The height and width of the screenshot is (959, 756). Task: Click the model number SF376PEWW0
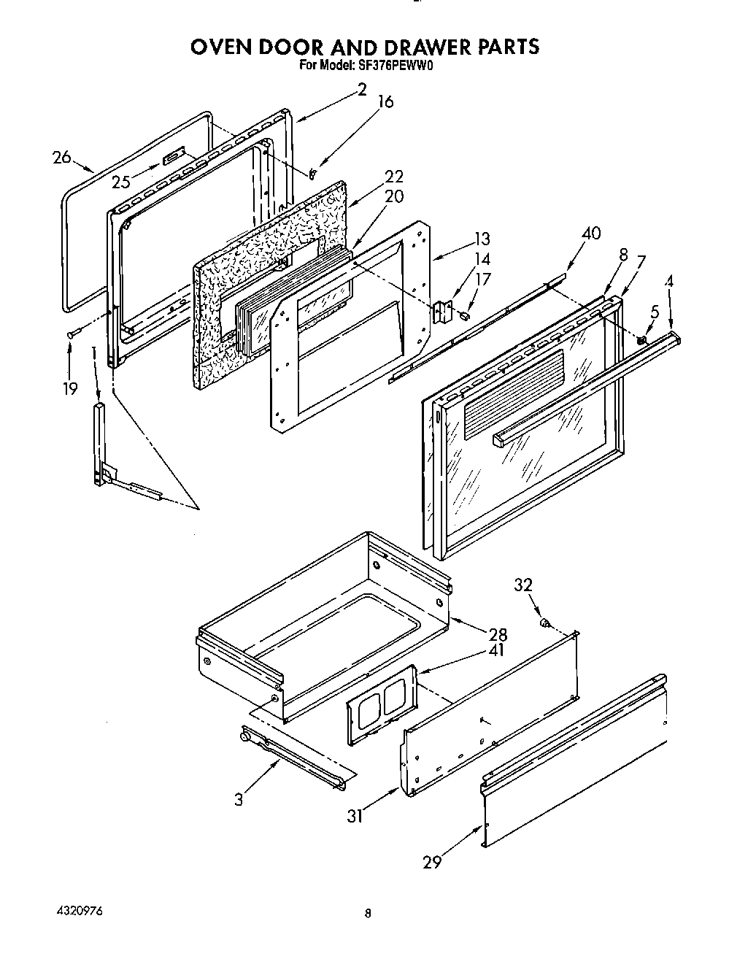click(403, 64)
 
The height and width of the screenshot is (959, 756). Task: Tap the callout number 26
click(62, 156)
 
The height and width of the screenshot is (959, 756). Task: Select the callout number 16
click(385, 102)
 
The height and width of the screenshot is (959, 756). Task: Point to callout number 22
click(394, 177)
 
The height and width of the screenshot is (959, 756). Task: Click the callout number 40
click(591, 234)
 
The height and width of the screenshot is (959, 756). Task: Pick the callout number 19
click(69, 388)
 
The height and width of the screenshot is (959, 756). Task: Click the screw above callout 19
click(70, 334)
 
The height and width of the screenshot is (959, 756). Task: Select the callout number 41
click(496, 650)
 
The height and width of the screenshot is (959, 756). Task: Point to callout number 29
click(432, 862)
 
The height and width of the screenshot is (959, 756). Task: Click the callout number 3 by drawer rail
click(239, 798)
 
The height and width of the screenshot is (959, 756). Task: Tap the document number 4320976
click(79, 912)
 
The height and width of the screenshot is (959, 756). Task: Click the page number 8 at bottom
click(368, 913)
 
